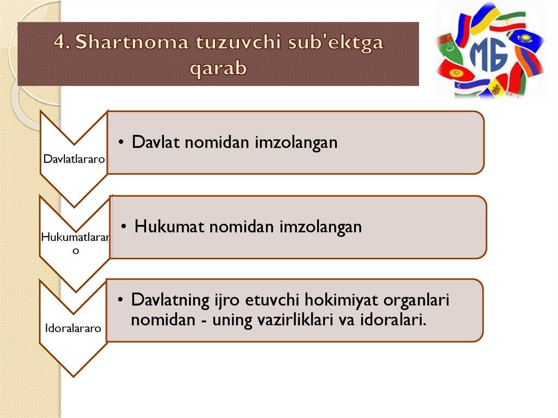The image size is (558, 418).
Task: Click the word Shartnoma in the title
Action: (131, 41)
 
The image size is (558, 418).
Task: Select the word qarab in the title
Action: (218, 68)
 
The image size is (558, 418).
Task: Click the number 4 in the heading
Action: (61, 41)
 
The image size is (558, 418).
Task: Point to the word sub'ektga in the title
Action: (336, 43)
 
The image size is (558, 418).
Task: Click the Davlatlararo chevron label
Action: (74, 159)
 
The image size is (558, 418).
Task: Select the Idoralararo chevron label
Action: (73, 328)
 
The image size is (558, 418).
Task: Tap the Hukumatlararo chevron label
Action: (75, 243)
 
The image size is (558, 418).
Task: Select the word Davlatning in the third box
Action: (170, 300)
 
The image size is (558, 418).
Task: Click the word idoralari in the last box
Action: (393, 320)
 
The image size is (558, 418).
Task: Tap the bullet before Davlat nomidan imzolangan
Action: (122, 142)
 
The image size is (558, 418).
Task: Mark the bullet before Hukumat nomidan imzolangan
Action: (124, 227)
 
